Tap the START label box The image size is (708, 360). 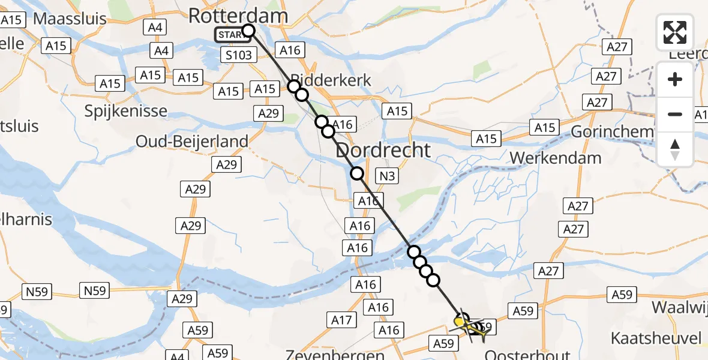231,35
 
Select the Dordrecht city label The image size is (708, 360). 383,150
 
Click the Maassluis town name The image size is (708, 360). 70,18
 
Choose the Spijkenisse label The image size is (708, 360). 126,111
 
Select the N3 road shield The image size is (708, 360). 386,176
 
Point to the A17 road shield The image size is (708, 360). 342,320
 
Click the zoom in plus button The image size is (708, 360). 675,79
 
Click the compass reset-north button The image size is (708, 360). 675,149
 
